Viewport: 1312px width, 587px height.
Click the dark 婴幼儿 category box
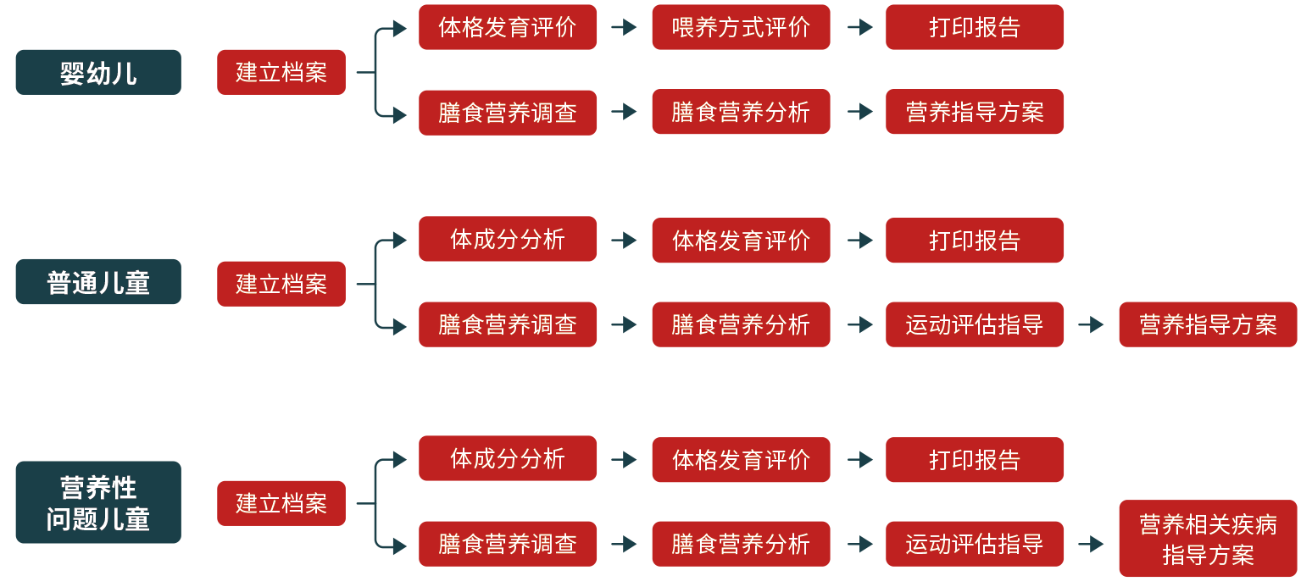(98, 72)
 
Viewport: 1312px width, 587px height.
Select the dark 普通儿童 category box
(98, 282)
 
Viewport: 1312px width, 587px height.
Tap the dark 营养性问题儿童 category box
(98, 502)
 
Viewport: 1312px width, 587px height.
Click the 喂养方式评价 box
(741, 27)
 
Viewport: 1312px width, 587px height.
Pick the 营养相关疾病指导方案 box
(1208, 540)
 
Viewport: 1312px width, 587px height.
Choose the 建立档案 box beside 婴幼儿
(281, 72)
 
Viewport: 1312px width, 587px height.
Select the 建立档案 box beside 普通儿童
(281, 284)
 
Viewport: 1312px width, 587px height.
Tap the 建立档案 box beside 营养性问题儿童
(281, 503)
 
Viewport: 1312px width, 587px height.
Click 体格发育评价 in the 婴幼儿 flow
(508, 27)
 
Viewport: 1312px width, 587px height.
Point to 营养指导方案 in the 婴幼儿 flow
(975, 112)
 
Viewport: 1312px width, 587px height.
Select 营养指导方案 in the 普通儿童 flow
(1208, 324)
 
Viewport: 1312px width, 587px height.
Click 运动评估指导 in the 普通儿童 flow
(975, 324)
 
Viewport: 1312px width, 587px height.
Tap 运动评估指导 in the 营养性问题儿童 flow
(975, 544)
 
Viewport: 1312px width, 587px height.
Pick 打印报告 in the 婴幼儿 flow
(975, 27)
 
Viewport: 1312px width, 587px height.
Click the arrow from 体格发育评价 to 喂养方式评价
(625, 27)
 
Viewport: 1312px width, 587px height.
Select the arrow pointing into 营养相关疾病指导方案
(1092, 544)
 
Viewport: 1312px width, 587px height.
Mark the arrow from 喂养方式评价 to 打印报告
(859, 27)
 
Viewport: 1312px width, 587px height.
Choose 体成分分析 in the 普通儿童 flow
(508, 239)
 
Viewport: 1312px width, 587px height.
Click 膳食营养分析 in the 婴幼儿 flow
(741, 112)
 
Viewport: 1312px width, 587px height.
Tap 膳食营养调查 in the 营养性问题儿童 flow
(508, 544)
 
